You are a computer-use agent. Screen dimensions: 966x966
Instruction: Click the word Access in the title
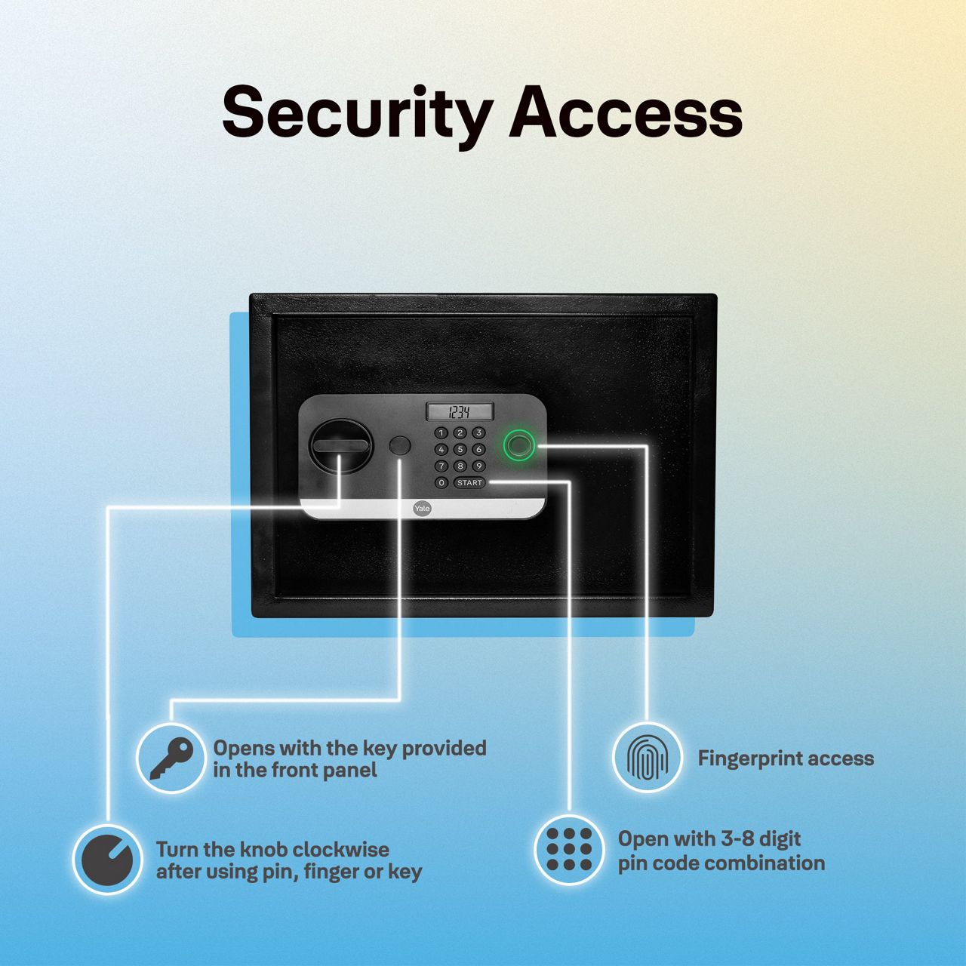point(626,113)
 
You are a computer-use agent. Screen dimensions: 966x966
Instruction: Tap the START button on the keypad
point(469,483)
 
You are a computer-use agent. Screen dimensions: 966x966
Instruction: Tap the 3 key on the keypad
point(478,433)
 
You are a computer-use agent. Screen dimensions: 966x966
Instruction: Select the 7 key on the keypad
point(441,466)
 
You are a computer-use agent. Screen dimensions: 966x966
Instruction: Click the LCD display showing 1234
point(460,412)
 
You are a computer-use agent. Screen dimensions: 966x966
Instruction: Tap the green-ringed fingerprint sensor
point(518,444)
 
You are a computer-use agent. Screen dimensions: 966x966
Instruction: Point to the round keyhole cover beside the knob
point(400,445)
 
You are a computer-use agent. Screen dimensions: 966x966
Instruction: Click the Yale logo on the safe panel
point(421,509)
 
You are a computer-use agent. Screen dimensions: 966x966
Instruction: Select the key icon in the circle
point(171,758)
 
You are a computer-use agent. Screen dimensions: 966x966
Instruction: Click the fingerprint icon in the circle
point(647,758)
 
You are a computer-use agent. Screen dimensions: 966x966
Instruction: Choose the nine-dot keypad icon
point(569,849)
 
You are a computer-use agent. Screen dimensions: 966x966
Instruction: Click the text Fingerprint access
point(786,758)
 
